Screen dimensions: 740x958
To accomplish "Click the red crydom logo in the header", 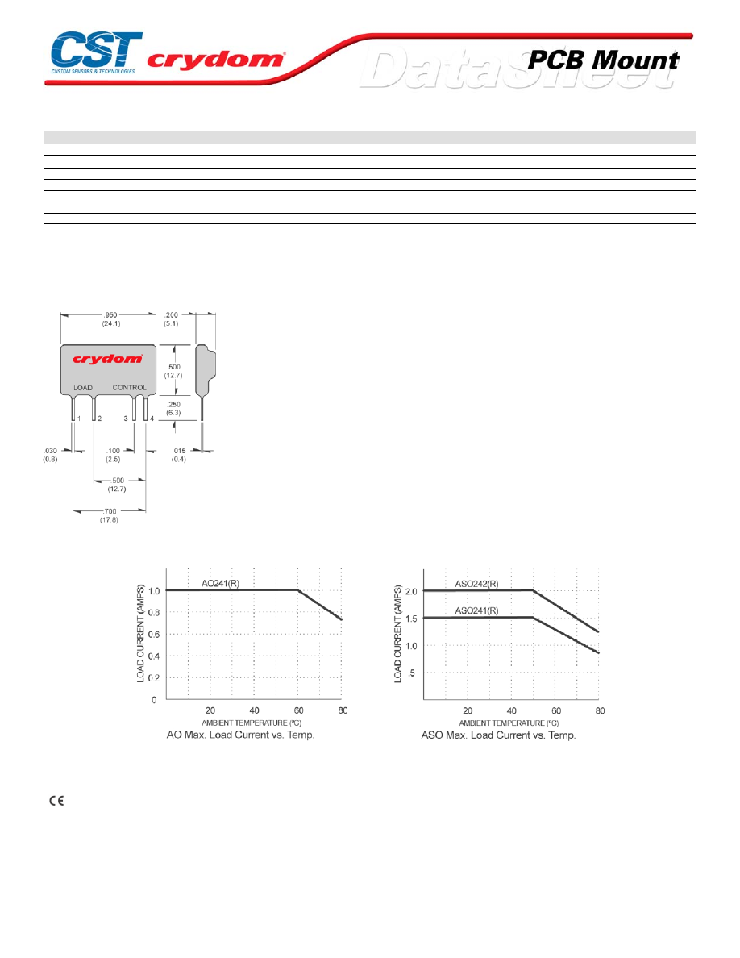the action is click(215, 59).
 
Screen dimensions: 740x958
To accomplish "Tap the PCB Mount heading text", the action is click(603, 60).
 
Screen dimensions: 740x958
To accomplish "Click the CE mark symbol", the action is click(56, 801).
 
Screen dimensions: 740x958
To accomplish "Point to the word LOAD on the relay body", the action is click(83, 388).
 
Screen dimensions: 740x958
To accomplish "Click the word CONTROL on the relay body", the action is click(130, 387).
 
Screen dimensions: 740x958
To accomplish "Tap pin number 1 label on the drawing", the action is click(79, 419).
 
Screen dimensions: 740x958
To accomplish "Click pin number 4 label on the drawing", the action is click(152, 419).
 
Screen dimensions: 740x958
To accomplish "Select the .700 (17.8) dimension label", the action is click(110, 515).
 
